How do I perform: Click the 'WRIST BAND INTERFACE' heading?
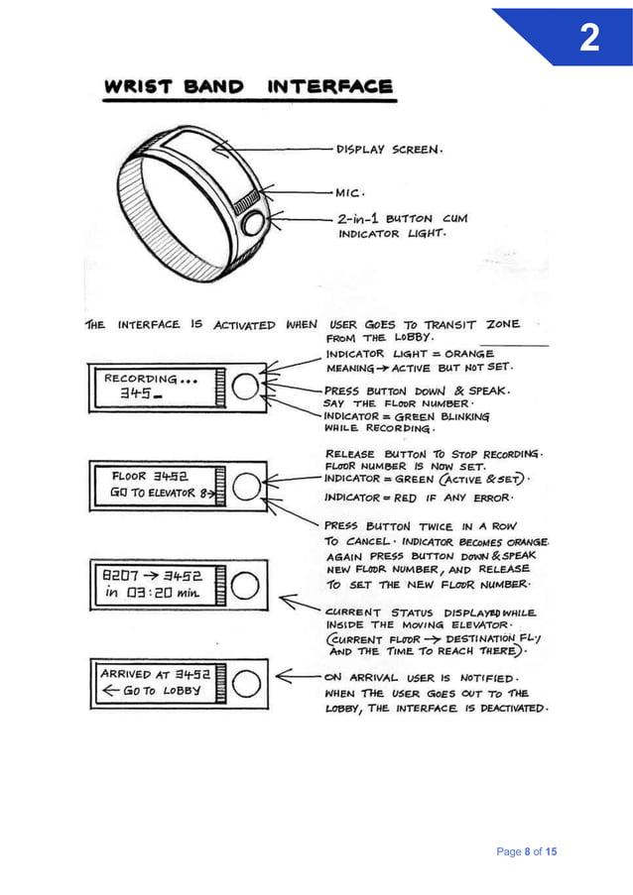tap(248, 87)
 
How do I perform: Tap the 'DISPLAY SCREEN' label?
tap(389, 151)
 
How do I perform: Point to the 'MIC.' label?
tap(350, 192)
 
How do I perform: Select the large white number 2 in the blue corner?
tap(588, 39)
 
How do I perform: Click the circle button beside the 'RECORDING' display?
tap(247, 386)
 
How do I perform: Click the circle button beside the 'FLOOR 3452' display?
tap(247, 485)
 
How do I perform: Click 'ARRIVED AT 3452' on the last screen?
tap(153, 674)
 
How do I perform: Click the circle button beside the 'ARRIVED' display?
tap(247, 682)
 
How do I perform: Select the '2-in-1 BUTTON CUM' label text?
tap(400, 218)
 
